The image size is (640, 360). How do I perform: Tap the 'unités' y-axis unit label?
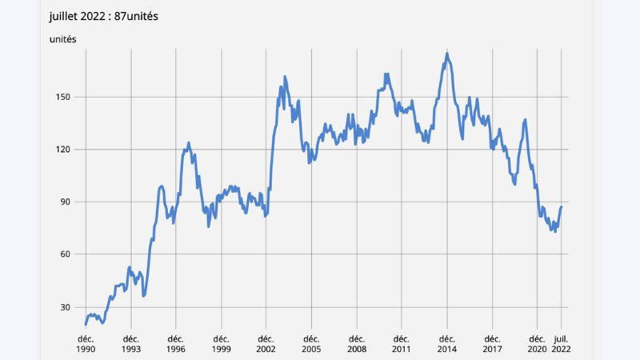[63, 39]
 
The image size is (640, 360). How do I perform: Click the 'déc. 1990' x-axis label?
[86, 344]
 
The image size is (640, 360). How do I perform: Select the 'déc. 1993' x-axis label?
[130, 344]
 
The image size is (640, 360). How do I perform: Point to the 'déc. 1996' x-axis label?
[176, 344]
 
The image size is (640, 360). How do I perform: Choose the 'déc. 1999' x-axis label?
[221, 344]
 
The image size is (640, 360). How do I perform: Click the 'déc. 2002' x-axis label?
[266, 344]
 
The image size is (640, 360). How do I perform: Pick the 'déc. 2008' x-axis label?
[357, 344]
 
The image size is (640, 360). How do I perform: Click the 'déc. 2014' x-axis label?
[447, 344]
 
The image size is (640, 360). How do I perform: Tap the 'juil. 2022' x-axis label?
[562, 344]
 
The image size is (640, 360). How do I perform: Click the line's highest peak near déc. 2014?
[447, 54]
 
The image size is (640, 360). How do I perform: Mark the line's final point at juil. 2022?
[562, 207]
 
